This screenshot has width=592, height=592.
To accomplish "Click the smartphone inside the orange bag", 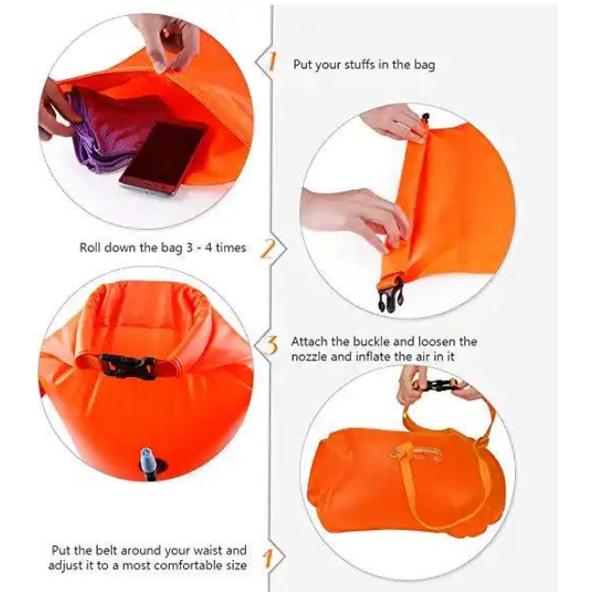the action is pyautogui.click(x=163, y=158).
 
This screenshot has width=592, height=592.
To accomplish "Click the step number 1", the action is pyautogui.click(x=272, y=62).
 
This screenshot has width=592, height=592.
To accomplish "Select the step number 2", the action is pyautogui.click(x=267, y=249).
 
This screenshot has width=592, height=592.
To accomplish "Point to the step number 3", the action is pyautogui.click(x=271, y=345).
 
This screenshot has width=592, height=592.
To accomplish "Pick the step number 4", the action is pyautogui.click(x=268, y=558).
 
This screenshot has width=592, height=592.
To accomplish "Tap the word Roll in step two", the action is pyautogui.click(x=89, y=248).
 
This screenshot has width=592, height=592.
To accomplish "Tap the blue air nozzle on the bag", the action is pyautogui.click(x=148, y=463).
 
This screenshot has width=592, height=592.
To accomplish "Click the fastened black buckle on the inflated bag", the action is pyautogui.click(x=128, y=366).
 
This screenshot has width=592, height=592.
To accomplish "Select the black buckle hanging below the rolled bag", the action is pyautogui.click(x=390, y=296).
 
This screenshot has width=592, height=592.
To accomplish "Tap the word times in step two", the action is pyautogui.click(x=231, y=248).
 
